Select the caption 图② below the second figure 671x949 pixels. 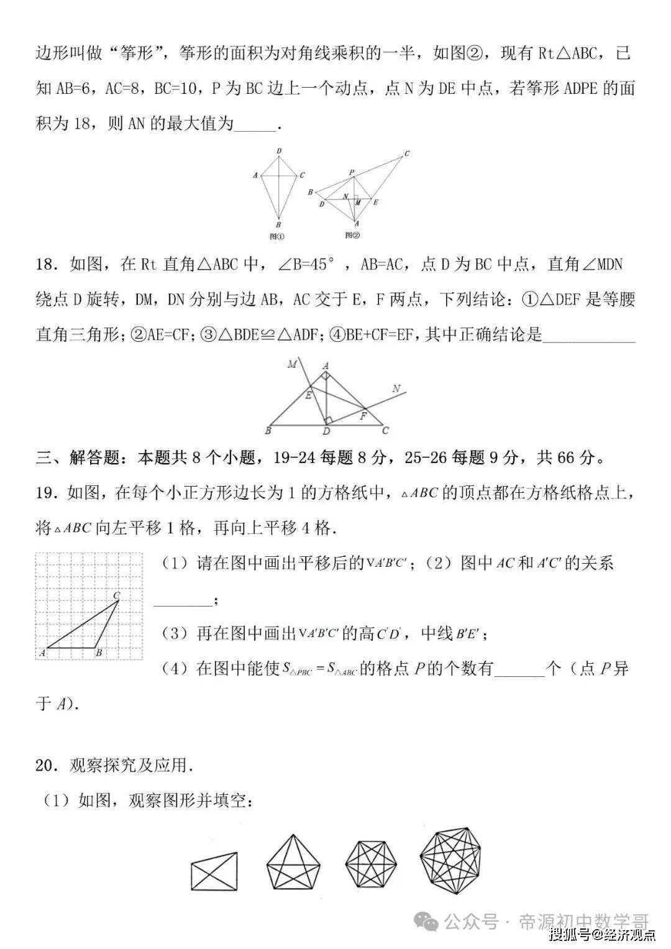pos(353,235)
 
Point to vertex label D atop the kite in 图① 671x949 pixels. pos(279,151)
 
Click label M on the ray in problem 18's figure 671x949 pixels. pos(292,364)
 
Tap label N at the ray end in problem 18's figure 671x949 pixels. pos(396,390)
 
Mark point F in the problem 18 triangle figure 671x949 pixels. pos(363,416)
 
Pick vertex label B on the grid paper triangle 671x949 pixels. pos(99,653)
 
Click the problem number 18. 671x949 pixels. pos(46,265)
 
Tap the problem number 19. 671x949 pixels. pos(46,493)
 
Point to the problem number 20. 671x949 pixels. pos(46,766)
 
